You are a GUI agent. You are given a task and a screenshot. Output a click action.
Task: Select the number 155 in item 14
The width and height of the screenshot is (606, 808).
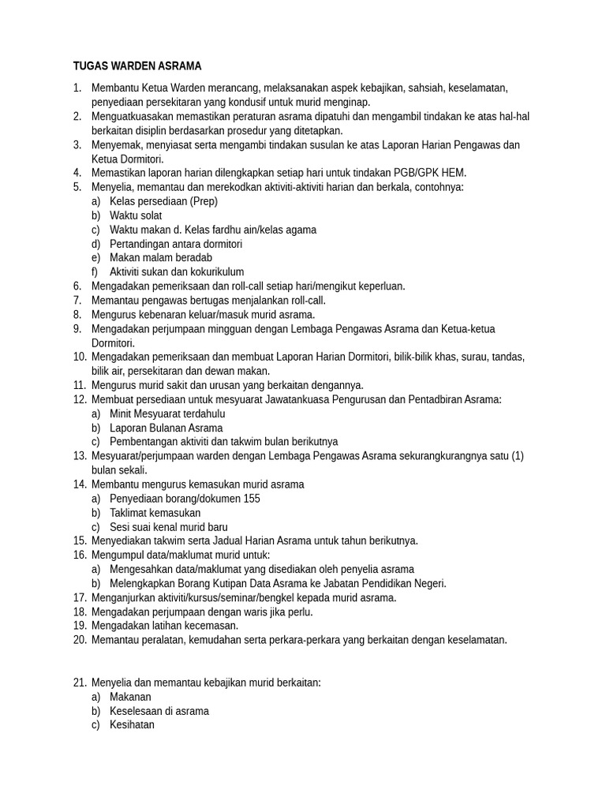[x=250, y=499]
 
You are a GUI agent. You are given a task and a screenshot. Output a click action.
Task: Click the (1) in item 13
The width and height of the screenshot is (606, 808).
[x=517, y=456]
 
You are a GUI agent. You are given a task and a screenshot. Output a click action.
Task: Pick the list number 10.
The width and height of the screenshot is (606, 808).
[x=79, y=357]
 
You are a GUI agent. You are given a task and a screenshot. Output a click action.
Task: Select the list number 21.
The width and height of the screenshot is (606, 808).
[x=79, y=683]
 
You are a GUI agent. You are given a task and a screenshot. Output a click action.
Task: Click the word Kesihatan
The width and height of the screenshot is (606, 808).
[x=132, y=724]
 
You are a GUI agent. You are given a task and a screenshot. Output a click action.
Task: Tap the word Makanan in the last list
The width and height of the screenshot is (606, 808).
[x=130, y=697]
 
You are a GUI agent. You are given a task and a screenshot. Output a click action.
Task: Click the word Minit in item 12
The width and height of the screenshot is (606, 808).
[x=122, y=413]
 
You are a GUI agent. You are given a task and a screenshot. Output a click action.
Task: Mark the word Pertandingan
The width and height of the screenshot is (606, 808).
[x=140, y=244]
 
